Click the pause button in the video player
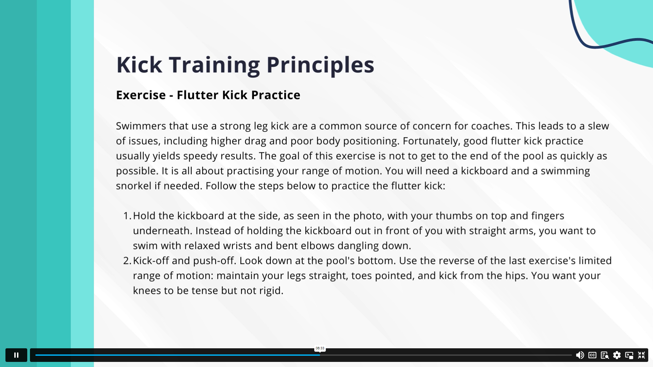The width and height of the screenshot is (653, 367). pos(16,355)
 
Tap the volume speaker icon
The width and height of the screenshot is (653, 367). pos(580,355)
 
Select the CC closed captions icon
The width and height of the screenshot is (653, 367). pos(592,355)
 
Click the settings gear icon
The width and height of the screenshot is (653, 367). pos(617,355)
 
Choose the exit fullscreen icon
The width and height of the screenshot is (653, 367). pos(641,355)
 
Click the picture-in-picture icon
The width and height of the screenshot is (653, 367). pos(629,355)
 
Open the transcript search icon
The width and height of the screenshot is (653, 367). pos(605,355)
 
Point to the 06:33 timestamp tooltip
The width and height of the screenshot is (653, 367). pos(320,348)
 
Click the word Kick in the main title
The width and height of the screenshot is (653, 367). pos(139,64)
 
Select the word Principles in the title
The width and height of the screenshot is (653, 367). pos(320,65)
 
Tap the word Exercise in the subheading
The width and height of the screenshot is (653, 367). pos(141,95)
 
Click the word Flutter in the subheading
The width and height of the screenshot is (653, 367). pos(197,95)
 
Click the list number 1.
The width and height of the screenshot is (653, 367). pos(127,216)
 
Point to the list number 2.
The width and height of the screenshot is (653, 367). pos(127,261)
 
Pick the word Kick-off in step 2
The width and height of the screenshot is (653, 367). pos(151,261)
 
